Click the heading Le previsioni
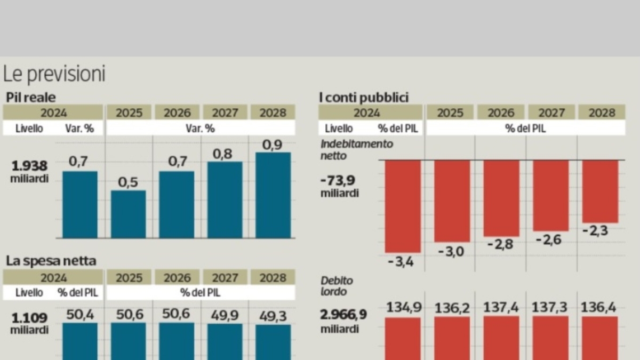(54, 74)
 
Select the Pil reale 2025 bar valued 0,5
(128, 214)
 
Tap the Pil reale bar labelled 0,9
(274, 195)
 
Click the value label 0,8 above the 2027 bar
(225, 154)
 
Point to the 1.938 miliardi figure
(29, 172)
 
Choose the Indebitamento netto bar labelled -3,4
(403, 206)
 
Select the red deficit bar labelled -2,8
(501, 198)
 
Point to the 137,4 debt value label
(501, 308)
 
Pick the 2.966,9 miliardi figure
(343, 321)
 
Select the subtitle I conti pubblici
(363, 97)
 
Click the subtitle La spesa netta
(51, 261)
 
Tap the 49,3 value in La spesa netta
(273, 316)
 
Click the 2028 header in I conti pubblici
(601, 113)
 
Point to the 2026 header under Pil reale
(177, 113)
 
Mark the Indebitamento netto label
(357, 150)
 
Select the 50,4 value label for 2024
(81, 315)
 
